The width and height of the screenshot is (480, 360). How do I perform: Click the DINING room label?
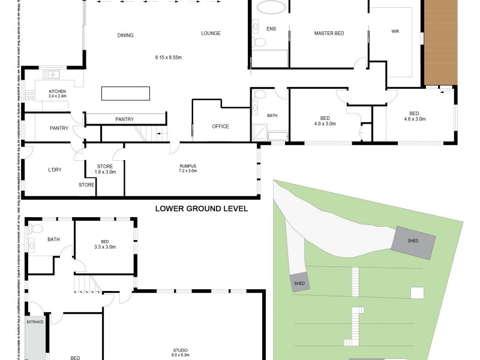[x=125, y=35]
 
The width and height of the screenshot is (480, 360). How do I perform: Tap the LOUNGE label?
[x=211, y=33]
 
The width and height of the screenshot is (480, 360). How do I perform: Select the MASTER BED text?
[x=329, y=33]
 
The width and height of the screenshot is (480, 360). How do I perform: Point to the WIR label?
[x=395, y=31]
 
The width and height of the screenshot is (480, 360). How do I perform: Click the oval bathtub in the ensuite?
[x=271, y=8]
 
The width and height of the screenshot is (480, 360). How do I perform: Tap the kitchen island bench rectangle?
[x=125, y=94]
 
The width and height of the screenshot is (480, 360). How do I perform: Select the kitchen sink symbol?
[x=51, y=74]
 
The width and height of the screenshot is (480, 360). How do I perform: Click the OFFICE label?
[x=221, y=127]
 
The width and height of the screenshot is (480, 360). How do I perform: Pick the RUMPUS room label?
[x=188, y=166]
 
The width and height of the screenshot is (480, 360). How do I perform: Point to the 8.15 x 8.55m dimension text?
[x=168, y=58]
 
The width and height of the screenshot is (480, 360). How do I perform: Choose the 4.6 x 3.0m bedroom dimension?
[x=414, y=119]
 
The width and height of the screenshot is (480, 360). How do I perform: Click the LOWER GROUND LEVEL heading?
[x=201, y=209]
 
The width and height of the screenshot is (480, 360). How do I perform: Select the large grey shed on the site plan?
[x=413, y=242]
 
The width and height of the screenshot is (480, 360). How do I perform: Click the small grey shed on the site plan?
[x=299, y=283]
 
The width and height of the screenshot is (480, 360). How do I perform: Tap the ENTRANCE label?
[x=35, y=322]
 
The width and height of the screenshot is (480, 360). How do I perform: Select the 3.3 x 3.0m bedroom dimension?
[x=104, y=247]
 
